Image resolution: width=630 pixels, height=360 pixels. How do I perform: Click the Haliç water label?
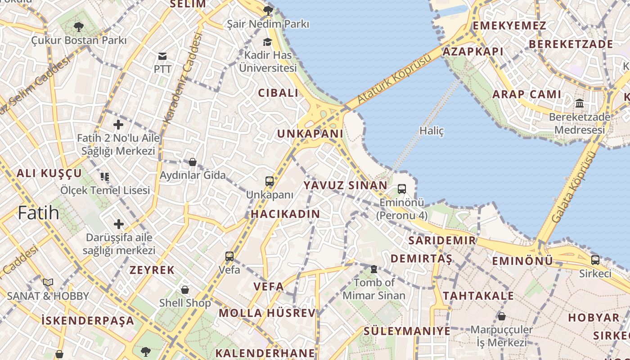tap(432, 131)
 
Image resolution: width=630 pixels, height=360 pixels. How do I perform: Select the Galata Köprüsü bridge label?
tap(573, 187)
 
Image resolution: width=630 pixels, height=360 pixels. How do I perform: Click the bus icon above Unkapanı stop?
tap(270, 181)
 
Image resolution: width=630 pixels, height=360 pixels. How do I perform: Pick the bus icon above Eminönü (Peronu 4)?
tap(402, 189)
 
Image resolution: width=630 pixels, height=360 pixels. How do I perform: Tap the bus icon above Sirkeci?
tap(595, 260)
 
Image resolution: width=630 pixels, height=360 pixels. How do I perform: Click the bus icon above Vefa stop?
tap(229, 256)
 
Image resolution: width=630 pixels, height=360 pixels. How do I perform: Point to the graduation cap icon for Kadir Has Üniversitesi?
tap(268, 42)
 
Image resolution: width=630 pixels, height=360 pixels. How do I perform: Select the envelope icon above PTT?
tap(162, 56)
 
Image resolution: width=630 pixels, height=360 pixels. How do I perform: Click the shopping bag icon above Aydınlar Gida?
tap(193, 162)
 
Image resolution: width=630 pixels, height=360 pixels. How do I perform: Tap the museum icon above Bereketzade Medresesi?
tap(580, 103)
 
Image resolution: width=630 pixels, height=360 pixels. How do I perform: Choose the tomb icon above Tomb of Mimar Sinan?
tap(373, 269)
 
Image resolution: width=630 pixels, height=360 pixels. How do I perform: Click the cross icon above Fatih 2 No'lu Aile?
tap(118, 125)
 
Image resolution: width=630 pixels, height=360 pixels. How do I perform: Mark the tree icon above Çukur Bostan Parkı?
tap(79, 27)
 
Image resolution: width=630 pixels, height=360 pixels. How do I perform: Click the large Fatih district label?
tap(39, 212)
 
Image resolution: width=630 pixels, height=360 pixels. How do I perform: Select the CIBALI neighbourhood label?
tap(278, 93)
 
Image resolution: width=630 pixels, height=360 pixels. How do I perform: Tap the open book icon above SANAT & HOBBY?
tap(48, 283)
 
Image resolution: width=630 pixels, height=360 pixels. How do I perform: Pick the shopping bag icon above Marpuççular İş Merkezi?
tap(501, 316)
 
